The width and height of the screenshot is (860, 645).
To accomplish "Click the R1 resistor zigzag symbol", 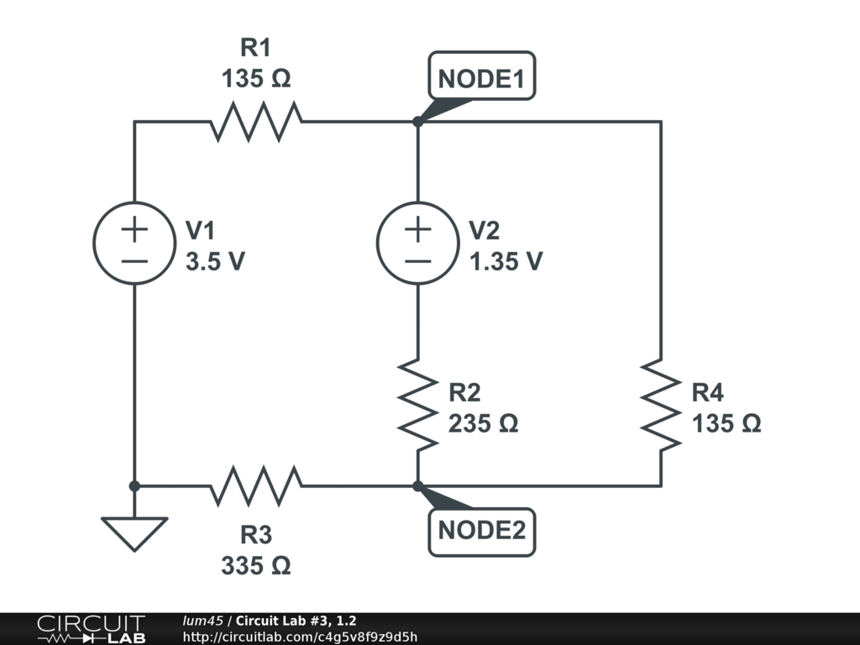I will [256, 122].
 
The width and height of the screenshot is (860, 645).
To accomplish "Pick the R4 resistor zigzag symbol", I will [661, 405].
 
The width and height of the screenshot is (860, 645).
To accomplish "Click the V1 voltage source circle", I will [134, 244].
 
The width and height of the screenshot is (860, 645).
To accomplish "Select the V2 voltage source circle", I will [417, 244].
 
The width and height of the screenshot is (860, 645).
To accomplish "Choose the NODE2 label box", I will [482, 531].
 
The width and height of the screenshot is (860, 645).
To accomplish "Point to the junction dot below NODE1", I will [417, 122].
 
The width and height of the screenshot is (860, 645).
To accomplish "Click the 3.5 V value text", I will [215, 261].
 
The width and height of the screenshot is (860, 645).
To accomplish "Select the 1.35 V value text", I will [506, 261].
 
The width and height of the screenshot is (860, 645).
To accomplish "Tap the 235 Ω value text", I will [483, 423].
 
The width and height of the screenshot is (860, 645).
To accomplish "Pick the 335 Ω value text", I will [256, 566].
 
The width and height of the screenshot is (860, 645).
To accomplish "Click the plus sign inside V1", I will [134, 228].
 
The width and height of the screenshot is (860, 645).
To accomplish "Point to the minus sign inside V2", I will [417, 260].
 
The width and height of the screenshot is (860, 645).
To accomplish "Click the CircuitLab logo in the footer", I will [91, 629].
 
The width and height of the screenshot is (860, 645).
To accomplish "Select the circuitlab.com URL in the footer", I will [300, 637].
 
